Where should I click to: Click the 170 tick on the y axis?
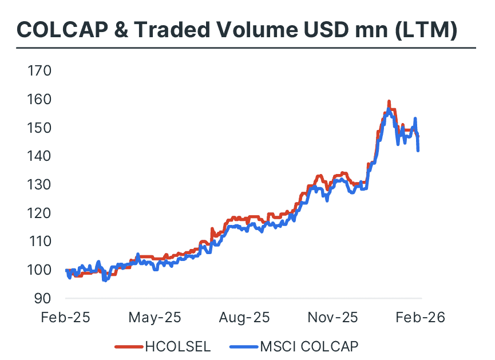[x=38, y=71]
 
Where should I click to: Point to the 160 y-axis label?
[x=38, y=100]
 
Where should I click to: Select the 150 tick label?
[x=38, y=128]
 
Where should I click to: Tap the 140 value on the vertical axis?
[x=38, y=156]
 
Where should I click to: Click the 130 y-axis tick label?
[x=38, y=185]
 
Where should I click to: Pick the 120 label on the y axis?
[x=38, y=213]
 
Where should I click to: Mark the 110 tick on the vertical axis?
[x=38, y=242]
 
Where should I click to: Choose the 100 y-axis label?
[x=38, y=270]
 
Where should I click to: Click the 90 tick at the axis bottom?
[x=41, y=298]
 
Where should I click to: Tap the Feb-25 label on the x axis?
[x=65, y=317]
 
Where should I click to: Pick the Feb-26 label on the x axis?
[x=421, y=317]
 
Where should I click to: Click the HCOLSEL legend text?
[x=177, y=346]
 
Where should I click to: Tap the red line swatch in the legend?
[x=128, y=346]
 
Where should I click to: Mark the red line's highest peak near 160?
[x=389, y=102]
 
